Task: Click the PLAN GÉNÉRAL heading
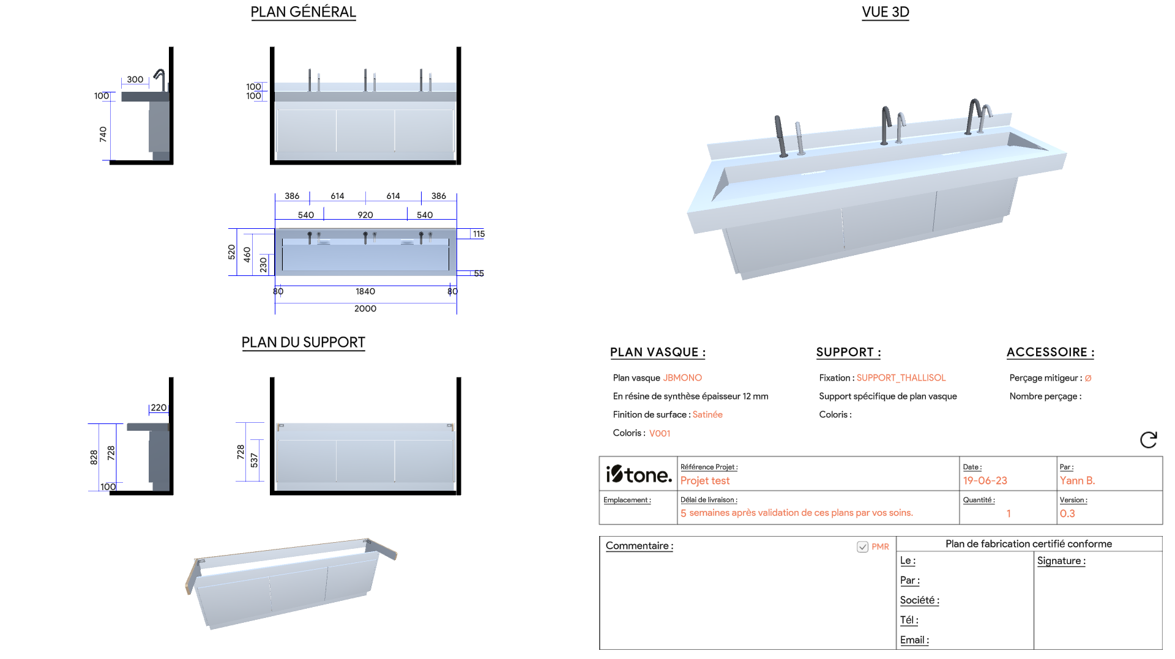click(303, 12)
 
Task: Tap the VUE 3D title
click(885, 12)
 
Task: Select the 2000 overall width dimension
click(365, 308)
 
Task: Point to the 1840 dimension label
click(365, 291)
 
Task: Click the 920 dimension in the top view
click(365, 215)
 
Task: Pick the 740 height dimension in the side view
click(103, 135)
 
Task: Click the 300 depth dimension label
click(135, 80)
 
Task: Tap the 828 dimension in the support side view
click(94, 457)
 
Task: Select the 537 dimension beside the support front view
click(254, 461)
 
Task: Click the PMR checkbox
click(862, 547)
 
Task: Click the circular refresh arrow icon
click(1148, 439)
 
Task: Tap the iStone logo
click(638, 474)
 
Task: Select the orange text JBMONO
click(682, 378)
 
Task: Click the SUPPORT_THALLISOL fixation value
click(901, 378)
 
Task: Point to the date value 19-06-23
click(985, 481)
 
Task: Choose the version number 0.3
click(1067, 514)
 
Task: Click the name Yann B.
click(1077, 481)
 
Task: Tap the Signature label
click(1061, 561)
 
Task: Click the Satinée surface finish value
click(707, 415)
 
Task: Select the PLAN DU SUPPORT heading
click(303, 343)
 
